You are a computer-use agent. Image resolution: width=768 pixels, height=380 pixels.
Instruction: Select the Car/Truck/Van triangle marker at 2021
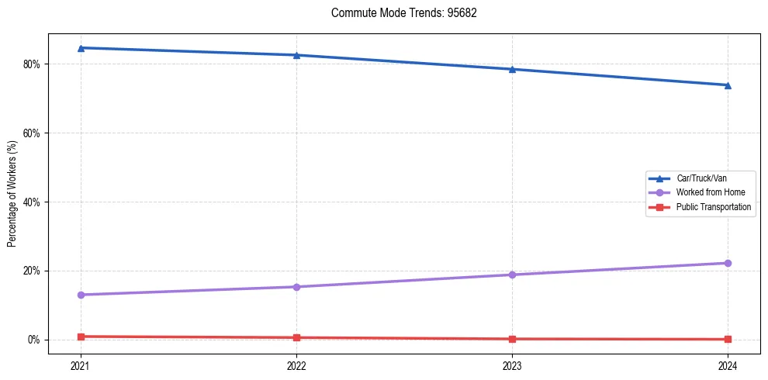81,48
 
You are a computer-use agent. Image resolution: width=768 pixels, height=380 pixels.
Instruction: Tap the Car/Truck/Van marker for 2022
296,55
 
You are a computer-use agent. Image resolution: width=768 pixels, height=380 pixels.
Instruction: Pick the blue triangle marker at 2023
512,69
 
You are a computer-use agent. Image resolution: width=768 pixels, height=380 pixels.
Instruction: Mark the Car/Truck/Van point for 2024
728,85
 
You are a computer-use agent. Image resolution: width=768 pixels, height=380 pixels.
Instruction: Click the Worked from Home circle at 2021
81,295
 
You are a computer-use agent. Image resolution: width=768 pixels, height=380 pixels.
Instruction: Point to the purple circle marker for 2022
296,287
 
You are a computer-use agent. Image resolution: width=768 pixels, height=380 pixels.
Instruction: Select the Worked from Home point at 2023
512,275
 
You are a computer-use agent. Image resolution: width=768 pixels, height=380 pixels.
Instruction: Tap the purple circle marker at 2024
728,263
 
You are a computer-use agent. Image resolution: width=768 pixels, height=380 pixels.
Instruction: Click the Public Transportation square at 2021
81,337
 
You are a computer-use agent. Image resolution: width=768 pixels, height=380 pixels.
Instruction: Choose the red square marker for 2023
512,339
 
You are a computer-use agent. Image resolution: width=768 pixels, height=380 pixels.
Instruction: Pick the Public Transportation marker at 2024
728,339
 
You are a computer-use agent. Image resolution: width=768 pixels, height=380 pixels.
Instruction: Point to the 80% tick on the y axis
31,64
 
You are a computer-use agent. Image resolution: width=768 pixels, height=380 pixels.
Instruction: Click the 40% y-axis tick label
31,202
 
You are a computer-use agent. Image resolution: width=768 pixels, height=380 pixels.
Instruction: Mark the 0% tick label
33,340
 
